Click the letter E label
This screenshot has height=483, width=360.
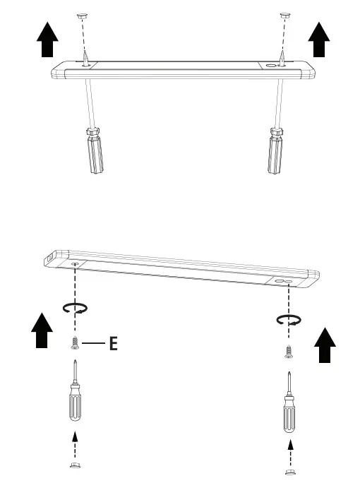(x=112, y=345)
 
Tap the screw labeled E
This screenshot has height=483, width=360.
(x=74, y=344)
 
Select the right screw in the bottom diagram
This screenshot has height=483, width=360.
(x=287, y=351)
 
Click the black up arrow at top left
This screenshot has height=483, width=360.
(x=47, y=39)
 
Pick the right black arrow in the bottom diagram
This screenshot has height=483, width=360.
(x=325, y=345)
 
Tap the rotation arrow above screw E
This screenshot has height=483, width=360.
(x=75, y=308)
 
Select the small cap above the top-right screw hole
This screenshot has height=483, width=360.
(x=284, y=15)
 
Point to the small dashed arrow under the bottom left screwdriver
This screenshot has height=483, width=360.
(x=75, y=444)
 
